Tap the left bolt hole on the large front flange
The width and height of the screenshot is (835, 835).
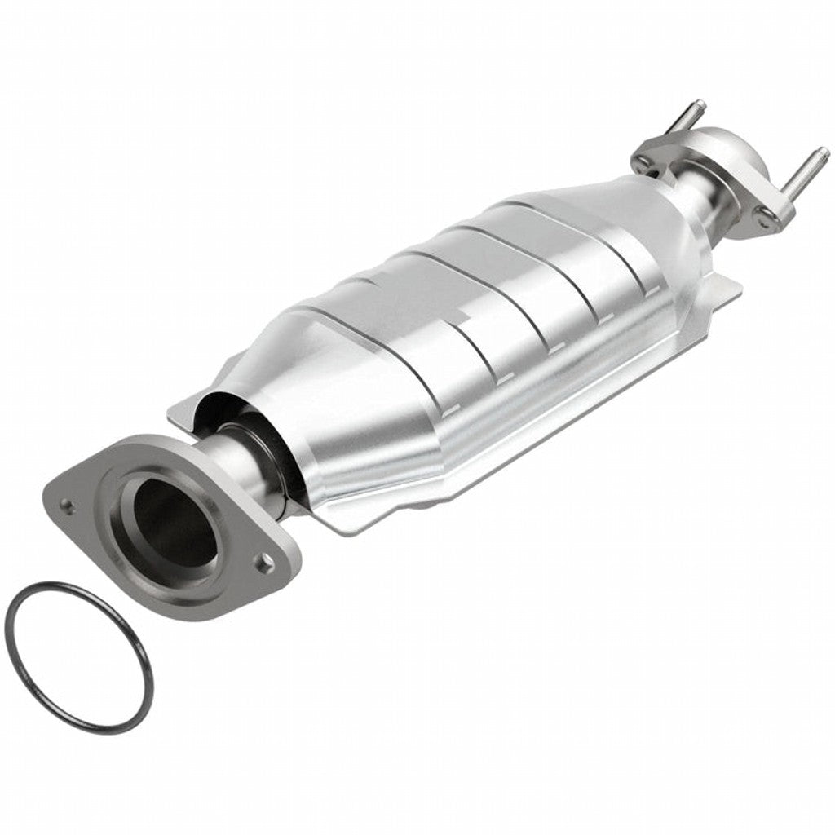68,506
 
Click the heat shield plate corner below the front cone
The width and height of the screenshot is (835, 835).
342,522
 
